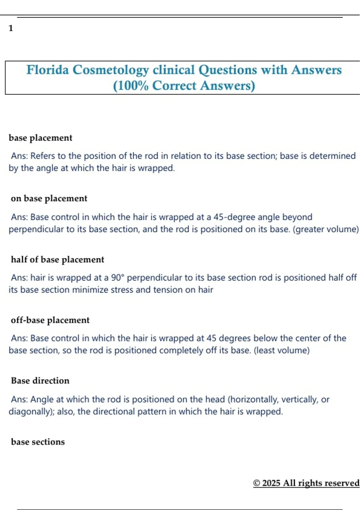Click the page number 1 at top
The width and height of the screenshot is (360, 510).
[x=11, y=28]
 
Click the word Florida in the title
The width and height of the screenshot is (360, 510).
[x=48, y=70]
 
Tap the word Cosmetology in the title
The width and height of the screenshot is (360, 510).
[x=111, y=70]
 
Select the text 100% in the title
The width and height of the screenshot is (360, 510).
[x=131, y=86]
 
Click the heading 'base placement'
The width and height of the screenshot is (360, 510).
[x=40, y=138]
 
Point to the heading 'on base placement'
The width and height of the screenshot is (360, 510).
[x=49, y=199]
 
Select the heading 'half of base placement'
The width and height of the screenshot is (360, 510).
[x=57, y=259]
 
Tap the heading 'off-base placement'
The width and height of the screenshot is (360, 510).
[x=50, y=320]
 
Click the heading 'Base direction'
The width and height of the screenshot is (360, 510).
[x=40, y=381]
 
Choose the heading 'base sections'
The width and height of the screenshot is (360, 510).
[x=38, y=442]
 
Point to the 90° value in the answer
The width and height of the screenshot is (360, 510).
[x=118, y=277]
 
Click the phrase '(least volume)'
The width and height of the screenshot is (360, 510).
[x=282, y=350]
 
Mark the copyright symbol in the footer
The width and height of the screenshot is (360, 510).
[x=256, y=483]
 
